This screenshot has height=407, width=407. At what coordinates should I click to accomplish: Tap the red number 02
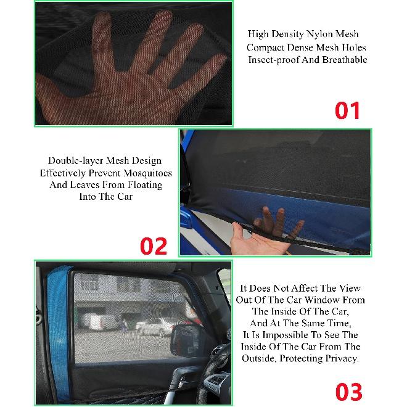(153, 245)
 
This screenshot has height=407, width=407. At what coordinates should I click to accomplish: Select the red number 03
(349, 392)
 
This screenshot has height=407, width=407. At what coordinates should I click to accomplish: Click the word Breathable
(344, 60)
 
